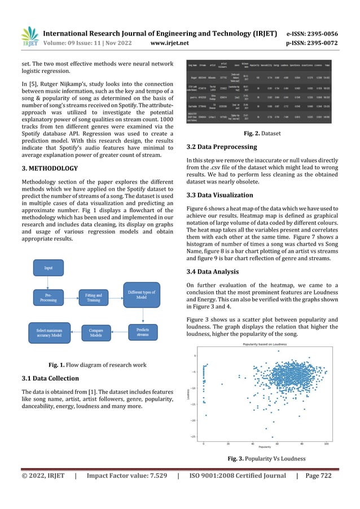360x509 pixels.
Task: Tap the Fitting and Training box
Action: point(94,298)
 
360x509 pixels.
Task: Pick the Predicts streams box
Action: point(143,332)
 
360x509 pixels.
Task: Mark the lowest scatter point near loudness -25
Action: point(271,437)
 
